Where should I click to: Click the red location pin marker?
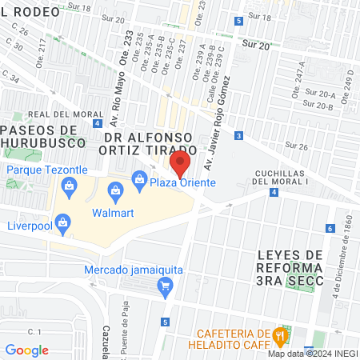coord(181,165)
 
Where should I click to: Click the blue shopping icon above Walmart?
coord(116,190)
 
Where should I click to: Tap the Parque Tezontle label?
coord(48,170)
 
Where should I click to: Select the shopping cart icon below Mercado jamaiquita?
coord(165,285)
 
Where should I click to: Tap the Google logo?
coord(26,350)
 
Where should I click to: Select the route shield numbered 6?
coord(330,229)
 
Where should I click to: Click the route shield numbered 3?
coord(239,136)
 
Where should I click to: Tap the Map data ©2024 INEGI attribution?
coord(312,354)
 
